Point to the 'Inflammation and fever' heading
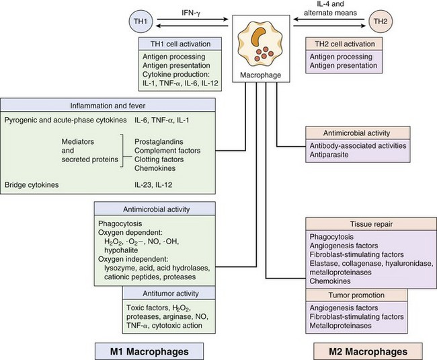pyautogui.click(x=108, y=106)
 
